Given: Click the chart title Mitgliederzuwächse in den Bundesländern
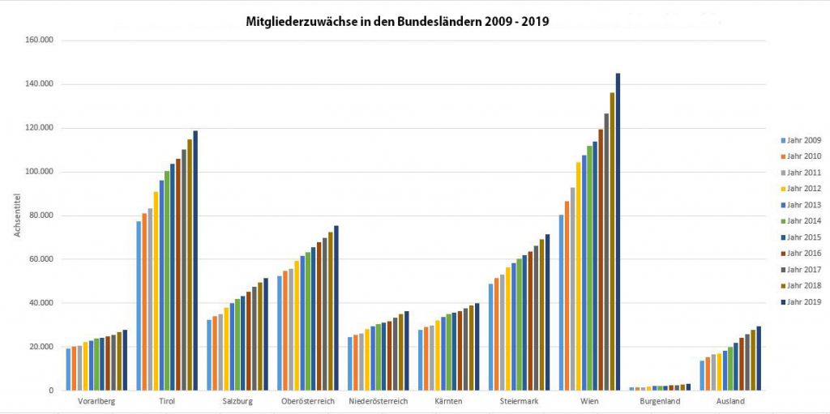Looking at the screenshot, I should (397, 22).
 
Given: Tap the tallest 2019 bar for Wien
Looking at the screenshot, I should (618, 232).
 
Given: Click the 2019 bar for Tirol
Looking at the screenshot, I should (195, 260).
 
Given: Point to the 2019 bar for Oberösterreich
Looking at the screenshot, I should (336, 308).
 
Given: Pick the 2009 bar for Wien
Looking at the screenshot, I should (561, 302).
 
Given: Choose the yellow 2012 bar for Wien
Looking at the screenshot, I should (578, 276).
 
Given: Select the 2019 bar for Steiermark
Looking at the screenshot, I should (547, 312).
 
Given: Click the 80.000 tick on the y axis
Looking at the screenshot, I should (39, 216).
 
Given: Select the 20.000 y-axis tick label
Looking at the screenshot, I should (39, 347).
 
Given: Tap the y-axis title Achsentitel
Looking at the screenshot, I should (16, 216).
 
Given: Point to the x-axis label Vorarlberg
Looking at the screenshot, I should (96, 401).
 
